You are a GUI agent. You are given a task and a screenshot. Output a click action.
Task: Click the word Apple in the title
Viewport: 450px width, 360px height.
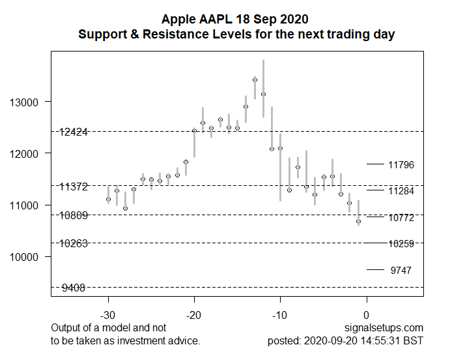pyautogui.click(x=178, y=19)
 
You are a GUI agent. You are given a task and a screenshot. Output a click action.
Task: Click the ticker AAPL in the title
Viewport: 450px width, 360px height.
pyautogui.click(x=216, y=19)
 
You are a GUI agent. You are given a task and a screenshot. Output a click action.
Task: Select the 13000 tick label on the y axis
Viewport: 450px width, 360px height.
pyautogui.click(x=24, y=102)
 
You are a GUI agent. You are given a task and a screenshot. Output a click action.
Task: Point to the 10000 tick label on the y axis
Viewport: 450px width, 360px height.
pyautogui.click(x=24, y=256)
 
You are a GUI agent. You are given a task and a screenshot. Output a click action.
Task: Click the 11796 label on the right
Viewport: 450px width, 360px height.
pyautogui.click(x=401, y=165)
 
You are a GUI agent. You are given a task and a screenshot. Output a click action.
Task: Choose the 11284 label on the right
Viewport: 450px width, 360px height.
pyautogui.click(x=401, y=191)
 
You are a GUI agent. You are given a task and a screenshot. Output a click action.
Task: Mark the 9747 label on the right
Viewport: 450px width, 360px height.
pyautogui.click(x=401, y=270)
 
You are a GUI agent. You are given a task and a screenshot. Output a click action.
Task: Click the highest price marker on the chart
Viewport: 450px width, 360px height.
pyautogui.click(x=255, y=80)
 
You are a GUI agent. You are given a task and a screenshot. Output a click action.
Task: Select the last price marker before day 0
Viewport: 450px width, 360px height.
pyautogui.click(x=358, y=222)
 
